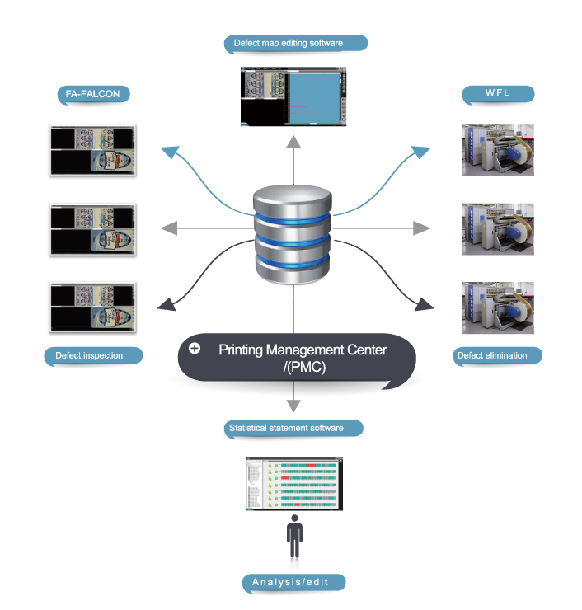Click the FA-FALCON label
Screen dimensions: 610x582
tap(92, 94)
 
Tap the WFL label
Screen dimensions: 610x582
tap(498, 93)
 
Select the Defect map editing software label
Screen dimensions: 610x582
tap(294, 42)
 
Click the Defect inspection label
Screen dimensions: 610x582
tap(90, 356)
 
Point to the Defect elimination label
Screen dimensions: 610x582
tap(498, 356)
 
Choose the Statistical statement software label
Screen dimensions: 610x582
tap(294, 428)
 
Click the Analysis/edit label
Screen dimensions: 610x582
tap(294, 583)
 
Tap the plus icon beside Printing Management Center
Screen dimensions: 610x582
tap(195, 349)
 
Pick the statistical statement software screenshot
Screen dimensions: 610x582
tap(294, 484)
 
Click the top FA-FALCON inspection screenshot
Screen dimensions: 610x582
tap(92, 150)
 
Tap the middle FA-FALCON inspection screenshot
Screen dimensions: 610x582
tap(92, 228)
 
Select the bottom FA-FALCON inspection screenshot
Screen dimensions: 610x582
tap(92, 307)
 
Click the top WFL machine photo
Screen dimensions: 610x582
tap(498, 150)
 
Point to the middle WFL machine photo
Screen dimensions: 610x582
tap(498, 228)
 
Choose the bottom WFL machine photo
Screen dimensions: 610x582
tap(498, 307)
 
